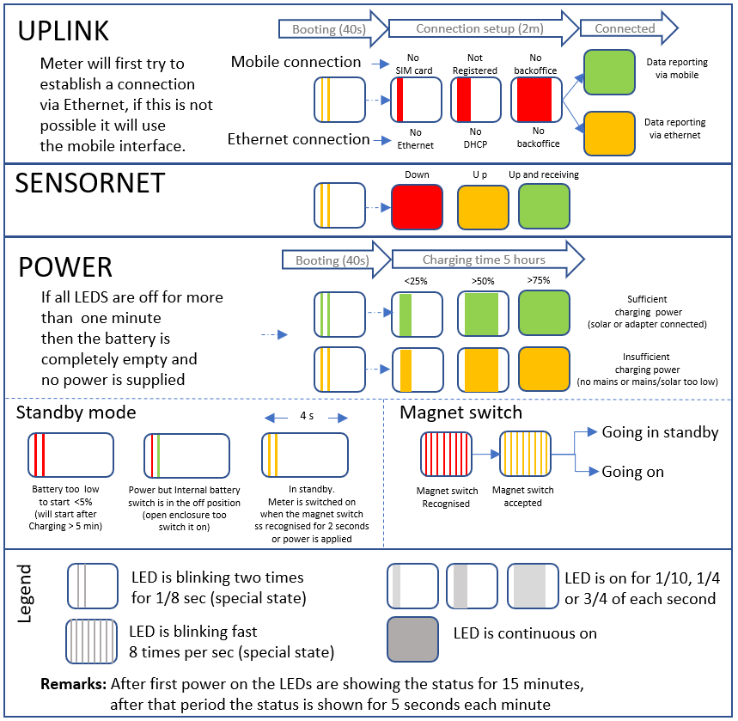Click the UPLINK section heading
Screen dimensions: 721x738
(64, 30)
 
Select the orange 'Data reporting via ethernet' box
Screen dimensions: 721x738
(611, 133)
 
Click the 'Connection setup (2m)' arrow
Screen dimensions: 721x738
(477, 28)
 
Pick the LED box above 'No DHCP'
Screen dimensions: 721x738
(476, 100)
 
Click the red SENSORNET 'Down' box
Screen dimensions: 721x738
(417, 206)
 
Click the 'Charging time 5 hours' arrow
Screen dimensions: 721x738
(485, 260)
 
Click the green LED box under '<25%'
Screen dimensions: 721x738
(417, 314)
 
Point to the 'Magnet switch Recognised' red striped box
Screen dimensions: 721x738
(446, 453)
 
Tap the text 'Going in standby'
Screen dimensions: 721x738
(660, 432)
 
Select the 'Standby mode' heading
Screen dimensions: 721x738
(76, 412)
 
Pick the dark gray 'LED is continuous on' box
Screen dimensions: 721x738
(412, 639)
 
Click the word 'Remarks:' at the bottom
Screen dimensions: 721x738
(73, 685)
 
